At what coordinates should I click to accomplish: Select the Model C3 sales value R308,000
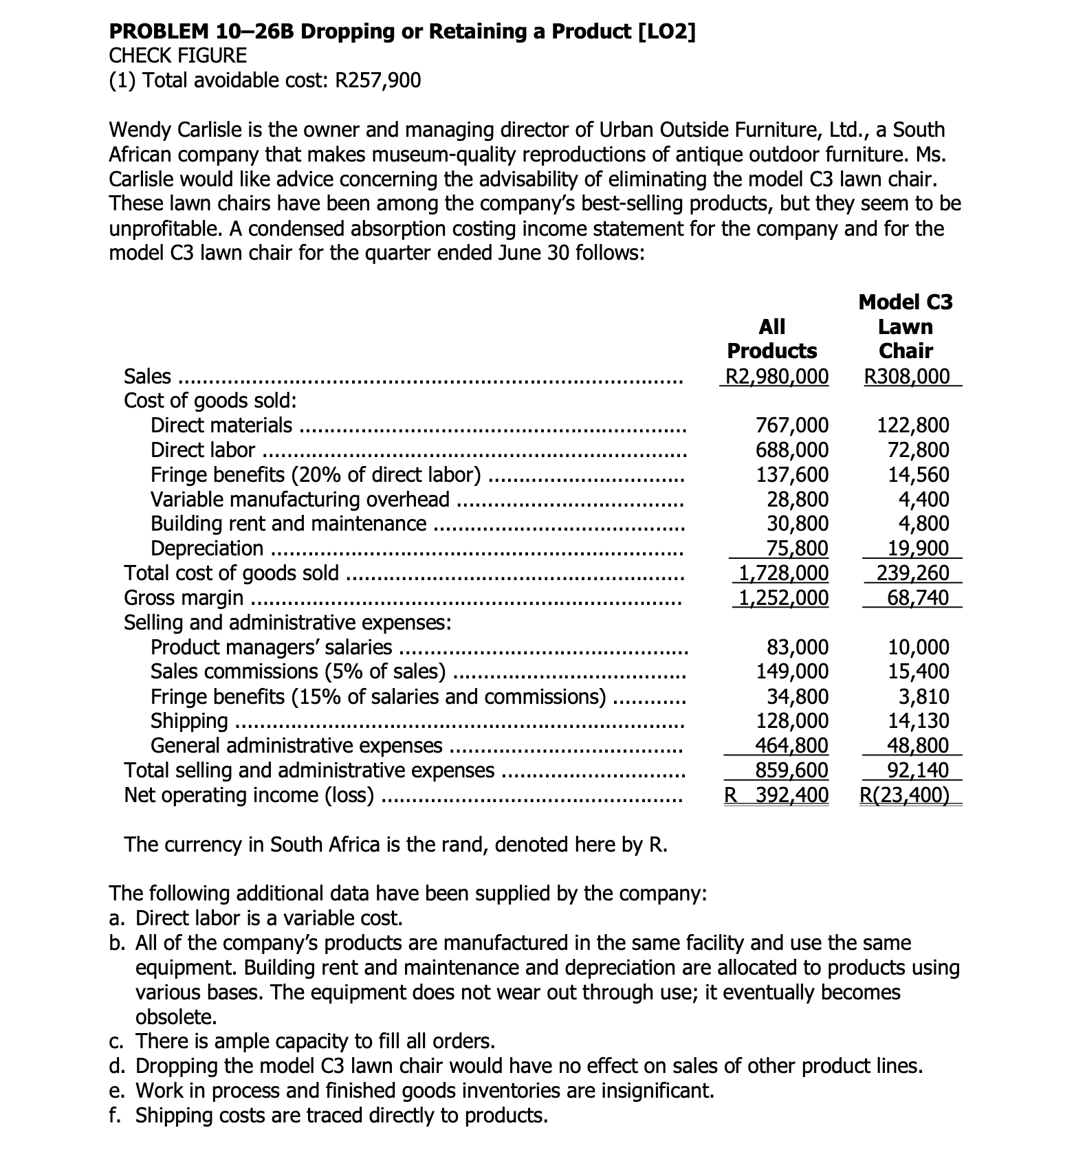point(907,376)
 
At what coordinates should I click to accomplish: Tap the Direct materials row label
point(221,425)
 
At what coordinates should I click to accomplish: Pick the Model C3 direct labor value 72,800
point(919,450)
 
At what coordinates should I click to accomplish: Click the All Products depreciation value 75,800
point(797,549)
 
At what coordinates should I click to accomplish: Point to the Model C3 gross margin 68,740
point(918,597)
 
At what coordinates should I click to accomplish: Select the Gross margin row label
point(184,597)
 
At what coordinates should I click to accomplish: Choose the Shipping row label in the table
point(189,721)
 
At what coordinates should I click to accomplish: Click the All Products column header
point(772,338)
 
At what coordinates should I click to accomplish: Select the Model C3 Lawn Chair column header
point(906,326)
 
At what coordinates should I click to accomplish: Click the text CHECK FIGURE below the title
point(178,56)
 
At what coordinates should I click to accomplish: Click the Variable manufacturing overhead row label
point(300,500)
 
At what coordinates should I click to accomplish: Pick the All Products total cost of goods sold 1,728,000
point(783,573)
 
